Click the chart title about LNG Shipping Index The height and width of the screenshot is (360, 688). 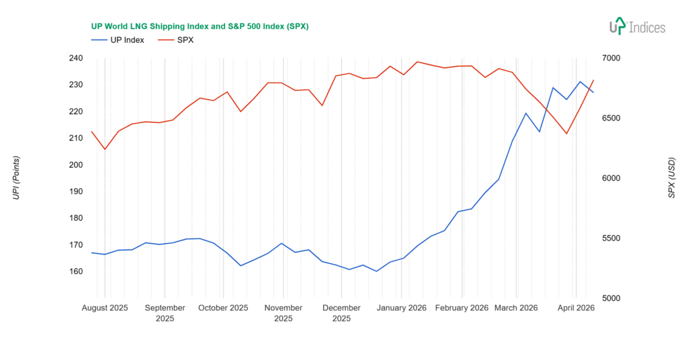click(200, 26)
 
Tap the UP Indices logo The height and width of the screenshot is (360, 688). click(636, 27)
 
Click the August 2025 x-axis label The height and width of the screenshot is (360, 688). click(105, 308)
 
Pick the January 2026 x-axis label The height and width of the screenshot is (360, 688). click(402, 308)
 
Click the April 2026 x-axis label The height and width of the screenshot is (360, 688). click(576, 308)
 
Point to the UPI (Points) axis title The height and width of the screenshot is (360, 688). click(16, 177)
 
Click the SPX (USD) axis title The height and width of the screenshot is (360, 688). click(671, 177)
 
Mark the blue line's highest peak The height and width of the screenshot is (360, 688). click(580, 82)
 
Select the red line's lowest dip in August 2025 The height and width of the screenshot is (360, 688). click(105, 149)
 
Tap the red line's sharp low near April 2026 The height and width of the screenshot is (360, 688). click(566, 133)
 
